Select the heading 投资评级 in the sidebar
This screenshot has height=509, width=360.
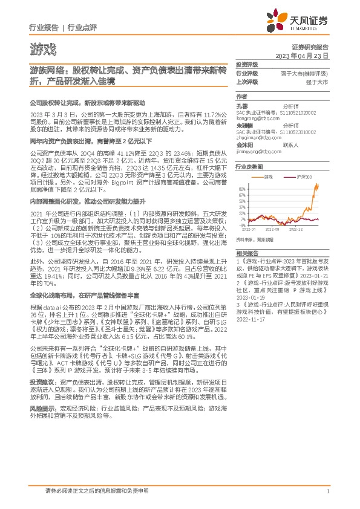pos(247,64)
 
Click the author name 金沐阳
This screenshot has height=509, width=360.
pos(244,146)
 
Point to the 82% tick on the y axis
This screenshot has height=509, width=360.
pos(241,189)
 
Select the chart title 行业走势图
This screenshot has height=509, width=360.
pos(249,166)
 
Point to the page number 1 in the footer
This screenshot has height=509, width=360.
pos(327,491)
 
